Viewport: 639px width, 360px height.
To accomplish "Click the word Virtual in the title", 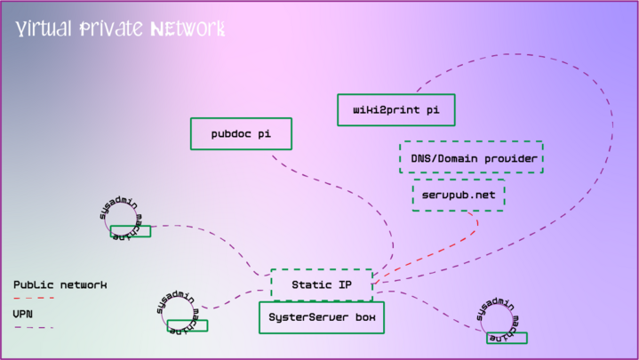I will (x=43, y=29).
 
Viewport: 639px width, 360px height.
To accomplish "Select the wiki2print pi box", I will (x=396, y=110).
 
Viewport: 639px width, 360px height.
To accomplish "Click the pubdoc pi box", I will (x=242, y=134).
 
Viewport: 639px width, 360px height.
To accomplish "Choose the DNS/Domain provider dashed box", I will (x=471, y=157).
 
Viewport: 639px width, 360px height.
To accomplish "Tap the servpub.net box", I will (x=459, y=195).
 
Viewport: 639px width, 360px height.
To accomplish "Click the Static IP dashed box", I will (x=321, y=284).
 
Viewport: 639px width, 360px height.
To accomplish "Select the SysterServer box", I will (x=321, y=317).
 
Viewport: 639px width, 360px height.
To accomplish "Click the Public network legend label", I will (x=60, y=284).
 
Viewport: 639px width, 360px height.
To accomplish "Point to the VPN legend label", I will (x=23, y=313).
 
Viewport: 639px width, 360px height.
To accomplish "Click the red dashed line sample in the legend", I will (x=34, y=298).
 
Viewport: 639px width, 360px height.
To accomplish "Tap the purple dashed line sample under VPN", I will (x=34, y=327).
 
